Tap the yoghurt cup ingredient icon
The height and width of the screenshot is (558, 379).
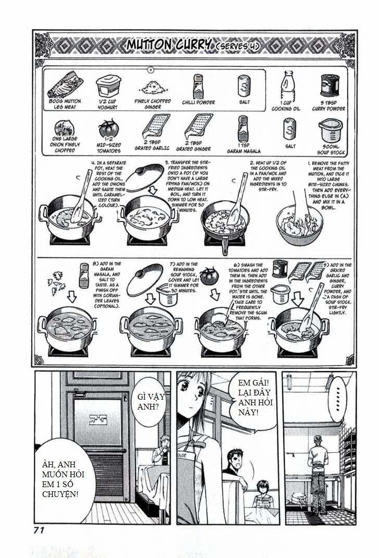[x=108, y=86]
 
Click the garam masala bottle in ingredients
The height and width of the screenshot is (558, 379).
[x=242, y=129]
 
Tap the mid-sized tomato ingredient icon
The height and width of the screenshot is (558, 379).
[x=108, y=128]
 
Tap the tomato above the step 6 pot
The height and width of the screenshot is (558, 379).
[x=210, y=276]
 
